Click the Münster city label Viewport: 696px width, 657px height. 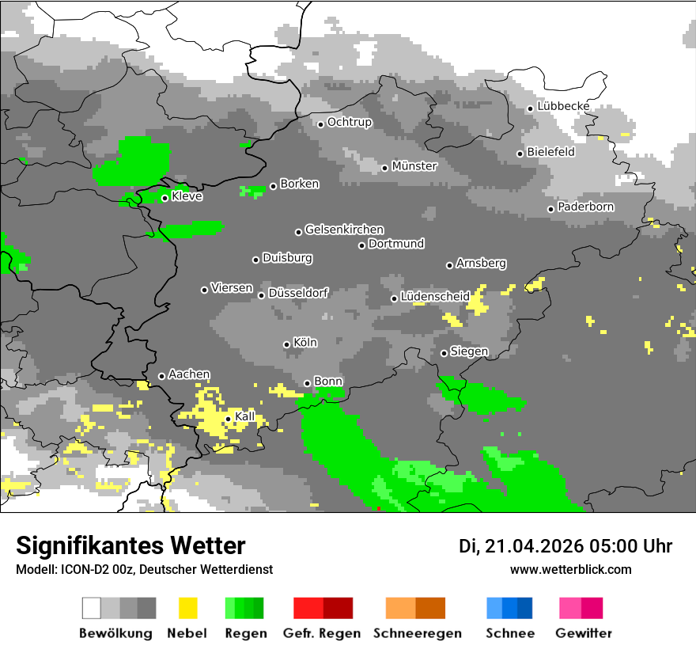[x=414, y=166]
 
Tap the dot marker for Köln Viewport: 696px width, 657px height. [x=286, y=344]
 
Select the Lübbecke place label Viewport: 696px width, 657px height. [x=563, y=106]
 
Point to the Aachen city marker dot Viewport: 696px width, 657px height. [x=161, y=376]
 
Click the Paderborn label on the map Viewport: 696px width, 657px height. [x=585, y=207]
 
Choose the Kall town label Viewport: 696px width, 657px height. [x=245, y=416]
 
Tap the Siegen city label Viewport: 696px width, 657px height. [x=469, y=351]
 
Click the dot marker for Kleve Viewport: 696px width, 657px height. [x=165, y=198]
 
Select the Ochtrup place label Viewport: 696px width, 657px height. [x=349, y=122]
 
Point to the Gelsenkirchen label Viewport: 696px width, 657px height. [x=344, y=230]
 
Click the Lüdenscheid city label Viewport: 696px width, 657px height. [x=435, y=296]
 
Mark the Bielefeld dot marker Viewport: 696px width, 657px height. [x=520, y=154]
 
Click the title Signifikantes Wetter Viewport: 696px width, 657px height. [x=130, y=545]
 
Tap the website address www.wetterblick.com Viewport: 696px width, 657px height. [x=570, y=569]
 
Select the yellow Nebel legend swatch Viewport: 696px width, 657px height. [x=188, y=608]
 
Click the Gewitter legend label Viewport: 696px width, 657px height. [x=583, y=633]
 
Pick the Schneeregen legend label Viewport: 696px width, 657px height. [x=417, y=633]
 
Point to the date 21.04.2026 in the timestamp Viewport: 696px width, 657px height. [x=534, y=546]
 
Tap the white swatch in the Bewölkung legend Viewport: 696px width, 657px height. [x=92, y=608]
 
